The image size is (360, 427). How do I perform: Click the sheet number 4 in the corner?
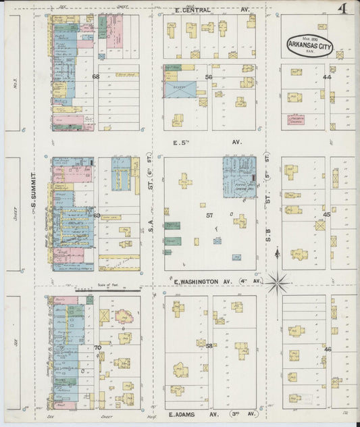[x=344, y=9]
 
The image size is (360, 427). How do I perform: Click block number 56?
[x=209, y=78]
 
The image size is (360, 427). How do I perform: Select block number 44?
[x=327, y=78]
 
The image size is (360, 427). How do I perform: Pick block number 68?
[x=96, y=77]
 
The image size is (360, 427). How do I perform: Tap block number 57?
[x=209, y=215]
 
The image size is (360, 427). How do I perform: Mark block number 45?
[x=327, y=215]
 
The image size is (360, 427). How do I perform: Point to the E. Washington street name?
[x=203, y=281]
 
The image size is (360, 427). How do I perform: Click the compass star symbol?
[x=278, y=281]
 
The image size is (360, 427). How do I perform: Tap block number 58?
[x=209, y=346]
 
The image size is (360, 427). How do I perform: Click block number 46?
[x=328, y=349]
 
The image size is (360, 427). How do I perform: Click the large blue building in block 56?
[x=180, y=90]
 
